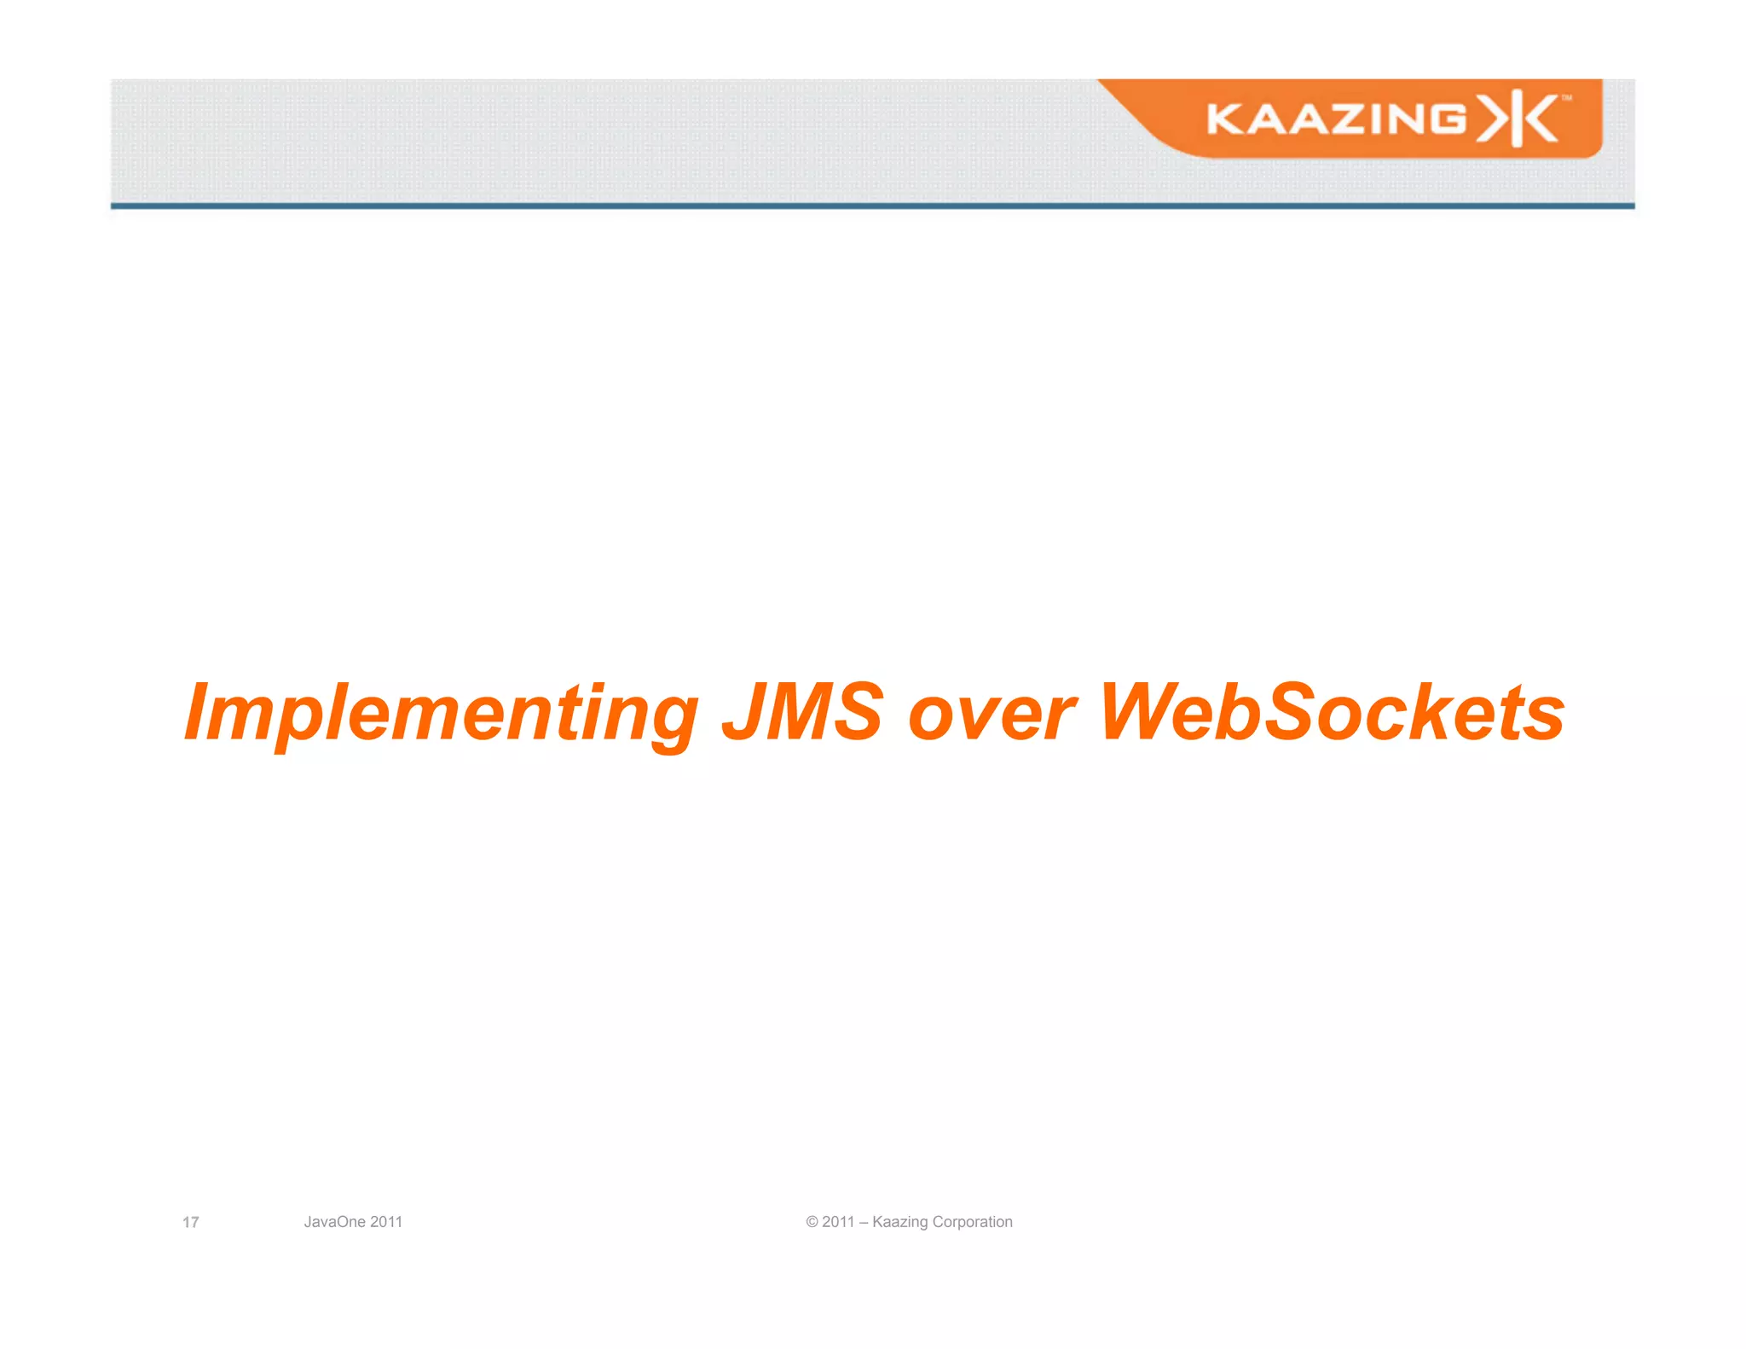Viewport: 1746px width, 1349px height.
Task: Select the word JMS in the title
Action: (x=802, y=712)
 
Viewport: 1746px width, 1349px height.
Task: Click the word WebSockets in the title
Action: (x=1332, y=712)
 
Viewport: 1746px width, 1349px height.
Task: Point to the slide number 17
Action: (x=191, y=1222)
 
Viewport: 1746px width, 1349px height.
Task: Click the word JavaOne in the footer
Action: (x=334, y=1222)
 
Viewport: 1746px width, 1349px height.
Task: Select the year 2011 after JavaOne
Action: (x=386, y=1222)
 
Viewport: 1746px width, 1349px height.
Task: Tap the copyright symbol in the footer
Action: (x=812, y=1222)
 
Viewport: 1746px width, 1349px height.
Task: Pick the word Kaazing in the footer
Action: (x=899, y=1222)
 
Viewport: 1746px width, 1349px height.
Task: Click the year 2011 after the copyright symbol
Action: (x=838, y=1222)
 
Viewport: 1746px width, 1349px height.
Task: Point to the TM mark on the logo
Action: (x=1566, y=98)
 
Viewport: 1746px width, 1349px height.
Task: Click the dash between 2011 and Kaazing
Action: (x=864, y=1222)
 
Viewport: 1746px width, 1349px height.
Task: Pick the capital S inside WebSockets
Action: (x=1291, y=712)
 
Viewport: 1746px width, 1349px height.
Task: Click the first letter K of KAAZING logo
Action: (x=1226, y=119)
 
